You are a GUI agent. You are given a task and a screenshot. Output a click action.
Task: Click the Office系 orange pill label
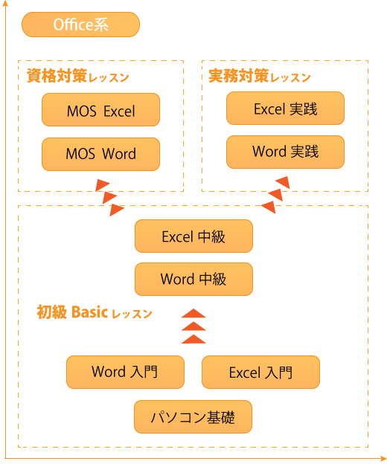click(80, 25)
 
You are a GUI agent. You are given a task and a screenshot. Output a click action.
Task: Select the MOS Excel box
click(100, 110)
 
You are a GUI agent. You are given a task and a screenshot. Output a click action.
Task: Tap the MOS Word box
click(100, 154)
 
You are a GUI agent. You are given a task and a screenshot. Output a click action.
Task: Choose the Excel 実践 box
click(285, 108)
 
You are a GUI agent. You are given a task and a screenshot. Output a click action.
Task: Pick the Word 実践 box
click(285, 152)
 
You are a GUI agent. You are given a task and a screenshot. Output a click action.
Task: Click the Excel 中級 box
click(193, 236)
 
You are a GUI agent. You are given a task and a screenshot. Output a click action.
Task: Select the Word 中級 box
click(193, 279)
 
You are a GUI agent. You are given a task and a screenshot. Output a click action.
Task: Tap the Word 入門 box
click(125, 372)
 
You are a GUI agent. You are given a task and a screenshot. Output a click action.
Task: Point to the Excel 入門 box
click(260, 372)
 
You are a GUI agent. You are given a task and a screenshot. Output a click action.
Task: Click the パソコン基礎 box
click(193, 416)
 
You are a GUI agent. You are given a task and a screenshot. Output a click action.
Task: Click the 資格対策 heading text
click(57, 76)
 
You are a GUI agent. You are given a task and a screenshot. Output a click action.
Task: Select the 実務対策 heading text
click(239, 76)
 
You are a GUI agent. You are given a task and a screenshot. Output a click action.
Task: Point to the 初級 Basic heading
click(95, 312)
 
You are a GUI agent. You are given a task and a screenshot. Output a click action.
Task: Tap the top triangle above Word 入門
click(193, 313)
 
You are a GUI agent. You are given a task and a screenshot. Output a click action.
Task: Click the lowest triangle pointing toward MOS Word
click(117, 210)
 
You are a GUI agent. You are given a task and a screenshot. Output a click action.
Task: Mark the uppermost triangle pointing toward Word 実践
click(284, 182)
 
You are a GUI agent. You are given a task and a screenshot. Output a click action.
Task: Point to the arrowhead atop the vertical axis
click(5, 3)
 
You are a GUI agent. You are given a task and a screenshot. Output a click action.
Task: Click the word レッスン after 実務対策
click(290, 78)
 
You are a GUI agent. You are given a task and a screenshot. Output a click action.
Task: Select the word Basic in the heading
click(89, 312)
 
